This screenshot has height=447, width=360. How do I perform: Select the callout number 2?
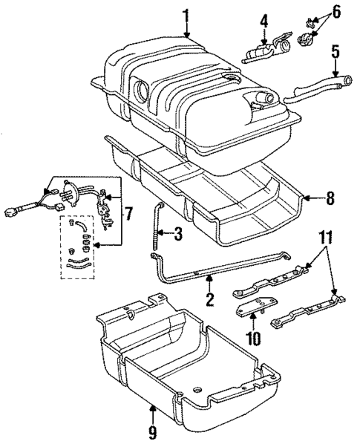(x=209, y=300)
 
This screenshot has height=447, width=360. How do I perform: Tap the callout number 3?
(x=178, y=235)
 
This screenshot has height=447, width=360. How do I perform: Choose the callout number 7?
(x=128, y=215)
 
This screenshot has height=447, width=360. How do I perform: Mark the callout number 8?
(x=330, y=198)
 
